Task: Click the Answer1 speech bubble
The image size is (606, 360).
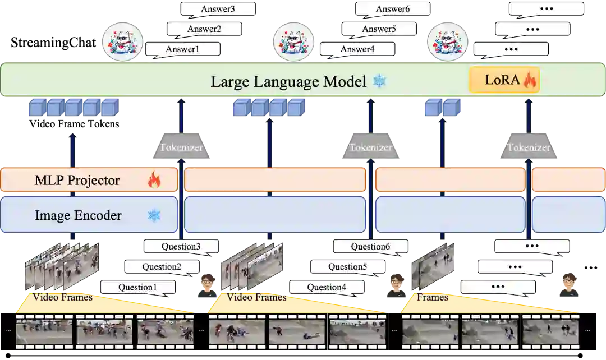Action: tap(182, 49)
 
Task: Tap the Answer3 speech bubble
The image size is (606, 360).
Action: tap(218, 9)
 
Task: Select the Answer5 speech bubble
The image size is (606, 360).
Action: tap(379, 29)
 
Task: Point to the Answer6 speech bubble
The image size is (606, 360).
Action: tap(393, 9)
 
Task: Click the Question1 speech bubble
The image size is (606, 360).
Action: tap(137, 288)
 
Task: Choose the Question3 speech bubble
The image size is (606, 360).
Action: tap(181, 246)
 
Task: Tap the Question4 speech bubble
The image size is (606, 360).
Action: tap(327, 288)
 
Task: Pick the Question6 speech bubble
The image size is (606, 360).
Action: tap(370, 246)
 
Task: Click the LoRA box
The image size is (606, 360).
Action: tap(504, 80)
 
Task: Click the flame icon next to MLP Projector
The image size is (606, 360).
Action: tap(154, 180)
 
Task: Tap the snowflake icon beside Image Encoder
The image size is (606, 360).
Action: tap(154, 215)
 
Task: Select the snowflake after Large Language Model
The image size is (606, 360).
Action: tap(380, 81)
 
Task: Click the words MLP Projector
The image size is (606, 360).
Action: tap(77, 181)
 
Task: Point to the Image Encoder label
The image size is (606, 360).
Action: tap(79, 215)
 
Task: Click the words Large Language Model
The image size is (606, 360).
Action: tap(288, 81)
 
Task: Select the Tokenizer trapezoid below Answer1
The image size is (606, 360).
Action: tap(181, 148)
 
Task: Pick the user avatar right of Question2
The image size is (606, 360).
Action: tap(208, 287)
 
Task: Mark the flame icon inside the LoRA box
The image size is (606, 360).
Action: tap(530, 81)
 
